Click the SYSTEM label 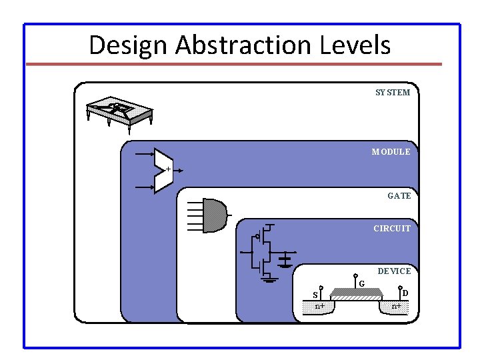pos(393,93)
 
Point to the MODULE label pos(391,152)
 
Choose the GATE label pos(399,196)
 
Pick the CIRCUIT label pos(392,229)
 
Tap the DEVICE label pos(394,271)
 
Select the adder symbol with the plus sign pos(163,170)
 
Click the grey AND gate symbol pos(214,215)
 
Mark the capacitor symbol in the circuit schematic pos(286,259)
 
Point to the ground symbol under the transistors pos(269,279)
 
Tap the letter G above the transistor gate pos(361,285)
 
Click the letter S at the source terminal pos(315,295)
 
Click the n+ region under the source pos(321,306)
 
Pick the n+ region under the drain pos(396,306)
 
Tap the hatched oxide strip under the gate pos(358,298)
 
